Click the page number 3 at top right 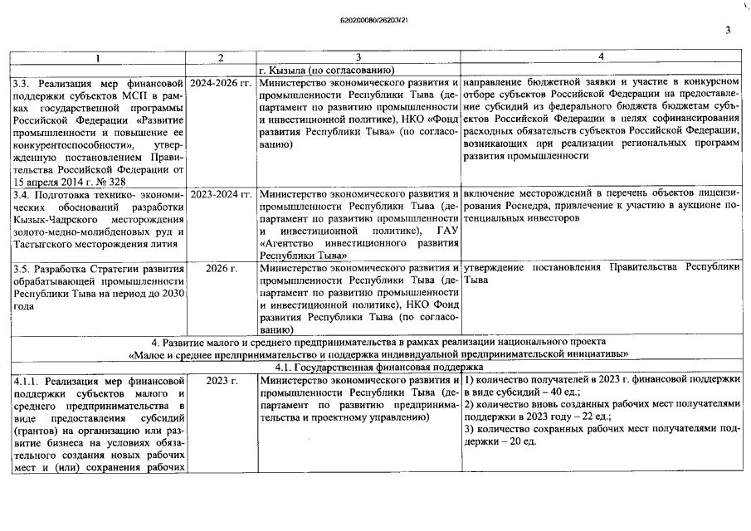(727, 32)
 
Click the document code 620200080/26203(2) (375, 17)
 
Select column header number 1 (97, 57)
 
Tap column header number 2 (221, 57)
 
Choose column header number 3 (358, 57)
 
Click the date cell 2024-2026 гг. (221, 83)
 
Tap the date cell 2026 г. (221, 269)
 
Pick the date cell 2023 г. (221, 380)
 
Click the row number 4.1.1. (27, 380)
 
